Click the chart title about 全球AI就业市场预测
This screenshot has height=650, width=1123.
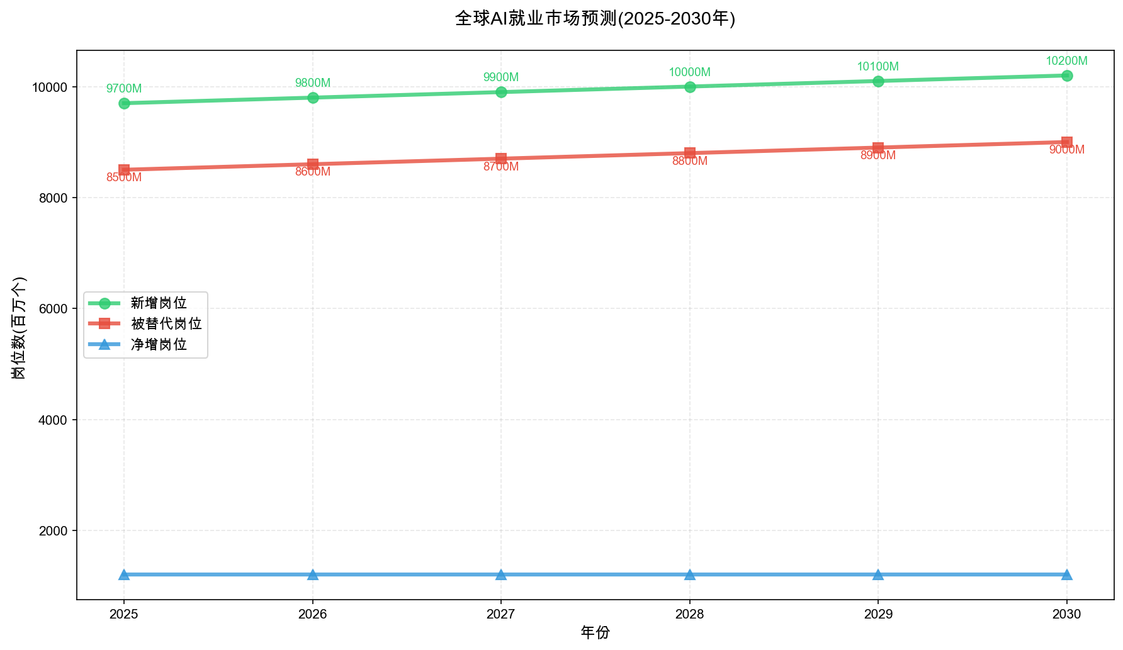pyautogui.click(x=595, y=18)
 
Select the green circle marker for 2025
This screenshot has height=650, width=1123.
pyautogui.click(x=124, y=103)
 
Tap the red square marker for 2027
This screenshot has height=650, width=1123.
pyautogui.click(x=501, y=159)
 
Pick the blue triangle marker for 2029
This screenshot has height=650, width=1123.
pyautogui.click(x=878, y=574)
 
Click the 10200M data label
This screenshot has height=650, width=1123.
pyautogui.click(x=1066, y=61)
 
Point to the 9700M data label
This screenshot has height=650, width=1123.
pyautogui.click(x=124, y=89)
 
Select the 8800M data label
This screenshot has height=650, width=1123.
pyautogui.click(x=690, y=161)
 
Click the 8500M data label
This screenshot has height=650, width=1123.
pyautogui.click(x=124, y=177)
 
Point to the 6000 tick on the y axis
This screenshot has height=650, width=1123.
pyautogui.click(x=54, y=309)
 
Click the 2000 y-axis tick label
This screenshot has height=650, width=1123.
pyautogui.click(x=54, y=530)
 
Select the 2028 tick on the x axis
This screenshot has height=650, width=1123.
pyautogui.click(x=690, y=614)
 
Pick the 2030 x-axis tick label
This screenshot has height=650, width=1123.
pyautogui.click(x=1066, y=614)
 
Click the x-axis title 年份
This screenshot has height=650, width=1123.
pyautogui.click(x=595, y=632)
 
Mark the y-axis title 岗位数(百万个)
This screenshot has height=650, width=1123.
pyautogui.click(x=20, y=327)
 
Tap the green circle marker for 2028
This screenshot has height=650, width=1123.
pyautogui.click(x=690, y=87)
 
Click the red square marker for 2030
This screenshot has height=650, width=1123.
pyautogui.click(x=1066, y=142)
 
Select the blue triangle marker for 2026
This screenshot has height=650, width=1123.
pyautogui.click(x=313, y=574)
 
